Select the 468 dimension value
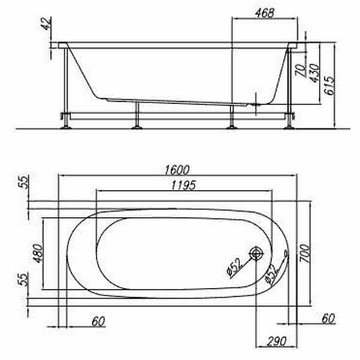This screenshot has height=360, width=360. click(264, 13)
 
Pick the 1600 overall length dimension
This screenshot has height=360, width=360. click(177, 170)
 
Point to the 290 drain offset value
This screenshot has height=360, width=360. click(275, 342)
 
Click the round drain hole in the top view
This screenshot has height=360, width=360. click(256, 254)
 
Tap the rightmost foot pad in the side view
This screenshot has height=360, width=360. click(289, 126)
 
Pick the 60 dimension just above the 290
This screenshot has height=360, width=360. click(328, 318)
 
